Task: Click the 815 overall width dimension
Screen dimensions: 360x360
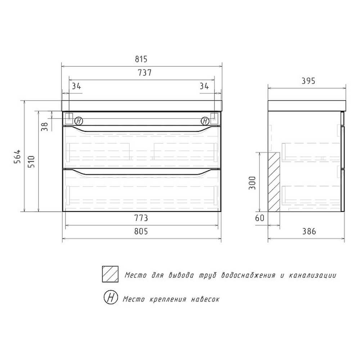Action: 141,59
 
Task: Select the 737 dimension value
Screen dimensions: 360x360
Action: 145,73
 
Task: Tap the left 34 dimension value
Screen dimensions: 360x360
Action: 76,86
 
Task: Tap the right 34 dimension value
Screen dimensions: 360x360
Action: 204,86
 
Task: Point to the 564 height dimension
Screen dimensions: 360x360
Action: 18,156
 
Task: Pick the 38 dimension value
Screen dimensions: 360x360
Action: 45,126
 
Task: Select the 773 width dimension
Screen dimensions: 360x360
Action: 141,218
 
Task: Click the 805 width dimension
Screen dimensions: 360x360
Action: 141,231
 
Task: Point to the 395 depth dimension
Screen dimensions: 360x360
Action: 309,81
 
